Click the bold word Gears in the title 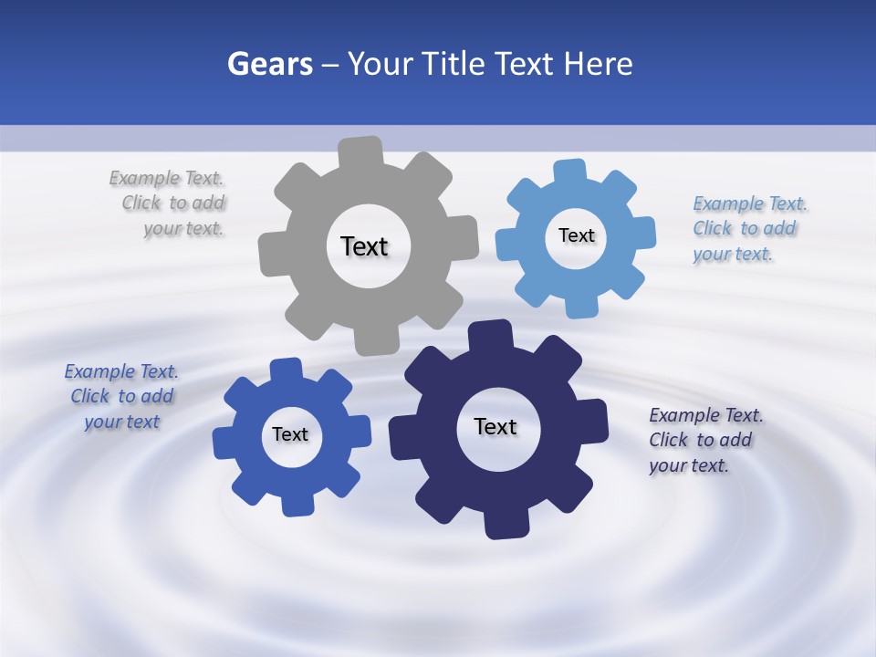[x=269, y=64]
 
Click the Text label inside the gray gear [x=364, y=246]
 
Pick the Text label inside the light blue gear [x=576, y=235]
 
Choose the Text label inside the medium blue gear [x=290, y=434]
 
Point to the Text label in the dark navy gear [x=495, y=426]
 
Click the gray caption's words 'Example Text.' [x=166, y=178]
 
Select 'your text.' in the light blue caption [x=733, y=254]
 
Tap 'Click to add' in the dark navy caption [x=701, y=440]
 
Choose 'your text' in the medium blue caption [x=122, y=422]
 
